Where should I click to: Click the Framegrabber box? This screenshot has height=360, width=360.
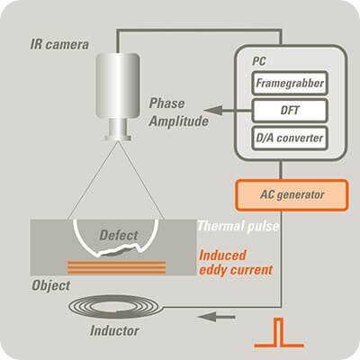[x=290, y=83]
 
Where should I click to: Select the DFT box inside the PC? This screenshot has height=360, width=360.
[x=290, y=111]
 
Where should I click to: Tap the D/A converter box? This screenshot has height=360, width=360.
[x=290, y=138]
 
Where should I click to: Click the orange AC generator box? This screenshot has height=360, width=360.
[x=292, y=195]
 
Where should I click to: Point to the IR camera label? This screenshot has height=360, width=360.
[x=59, y=45]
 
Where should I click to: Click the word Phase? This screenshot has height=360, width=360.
[x=166, y=103]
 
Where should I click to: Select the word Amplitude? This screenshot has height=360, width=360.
[x=179, y=121]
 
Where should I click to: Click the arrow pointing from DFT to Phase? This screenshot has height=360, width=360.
[x=228, y=111]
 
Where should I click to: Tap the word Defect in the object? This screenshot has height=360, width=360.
[x=119, y=235]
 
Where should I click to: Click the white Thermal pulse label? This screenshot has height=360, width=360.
[x=238, y=226]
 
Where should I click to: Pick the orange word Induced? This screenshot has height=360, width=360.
[x=222, y=256]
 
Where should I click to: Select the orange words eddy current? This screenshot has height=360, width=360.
[x=236, y=270]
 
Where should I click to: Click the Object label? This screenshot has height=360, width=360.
[x=51, y=285]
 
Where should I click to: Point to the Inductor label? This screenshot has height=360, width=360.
[x=114, y=331]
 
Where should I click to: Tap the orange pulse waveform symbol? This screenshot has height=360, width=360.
[x=279, y=333]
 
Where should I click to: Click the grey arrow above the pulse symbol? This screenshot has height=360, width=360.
[x=216, y=317]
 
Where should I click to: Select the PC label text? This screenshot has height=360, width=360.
[x=258, y=61]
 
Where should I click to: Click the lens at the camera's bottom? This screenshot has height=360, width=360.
[x=118, y=130]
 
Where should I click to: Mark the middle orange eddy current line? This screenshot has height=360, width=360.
[x=117, y=267]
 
